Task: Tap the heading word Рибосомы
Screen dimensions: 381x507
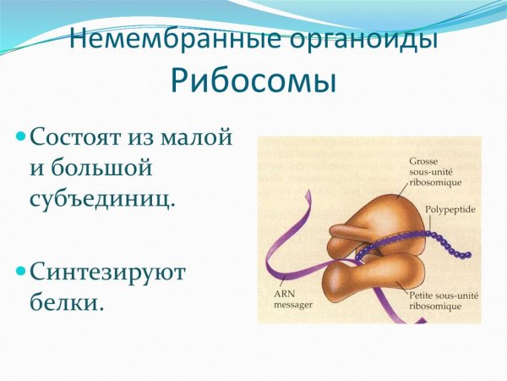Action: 253,81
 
